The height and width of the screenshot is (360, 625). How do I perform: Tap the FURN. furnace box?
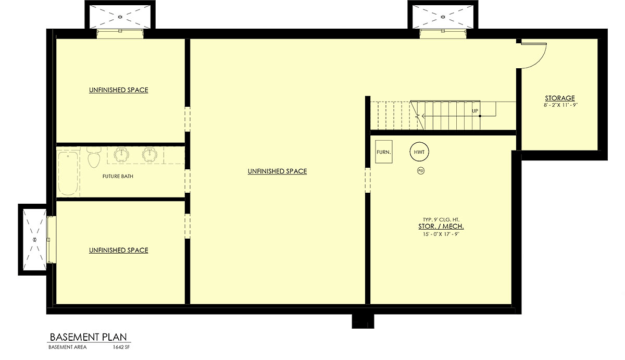pyautogui.click(x=384, y=152)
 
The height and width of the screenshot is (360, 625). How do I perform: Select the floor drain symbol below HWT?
pyautogui.click(x=421, y=171)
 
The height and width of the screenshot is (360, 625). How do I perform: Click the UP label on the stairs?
pyautogui.click(x=475, y=111)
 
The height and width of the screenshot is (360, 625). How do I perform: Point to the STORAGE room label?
pyautogui.click(x=560, y=98)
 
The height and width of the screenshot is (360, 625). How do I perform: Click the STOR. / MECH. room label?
pyautogui.click(x=441, y=226)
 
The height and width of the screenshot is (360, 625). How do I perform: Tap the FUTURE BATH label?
pyautogui.click(x=118, y=177)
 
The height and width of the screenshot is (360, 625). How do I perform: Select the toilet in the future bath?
pyautogui.click(x=94, y=158)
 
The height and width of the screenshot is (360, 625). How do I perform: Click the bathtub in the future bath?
pyautogui.click(x=68, y=173)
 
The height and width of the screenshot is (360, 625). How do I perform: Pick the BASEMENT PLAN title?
pyautogui.click(x=88, y=337)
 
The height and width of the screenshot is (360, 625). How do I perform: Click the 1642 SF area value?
pyautogui.click(x=121, y=347)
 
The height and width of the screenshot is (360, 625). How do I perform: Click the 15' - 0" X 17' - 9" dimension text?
pyautogui.click(x=441, y=234)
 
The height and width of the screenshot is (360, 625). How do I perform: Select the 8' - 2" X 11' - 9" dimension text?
pyautogui.click(x=560, y=105)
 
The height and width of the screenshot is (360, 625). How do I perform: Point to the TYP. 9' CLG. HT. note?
pyautogui.click(x=441, y=220)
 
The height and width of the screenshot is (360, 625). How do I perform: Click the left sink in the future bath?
pyautogui.click(x=121, y=155)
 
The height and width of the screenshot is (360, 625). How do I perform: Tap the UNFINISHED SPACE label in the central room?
pyautogui.click(x=277, y=171)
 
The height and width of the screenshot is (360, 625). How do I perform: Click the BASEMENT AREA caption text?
pyautogui.click(x=68, y=347)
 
